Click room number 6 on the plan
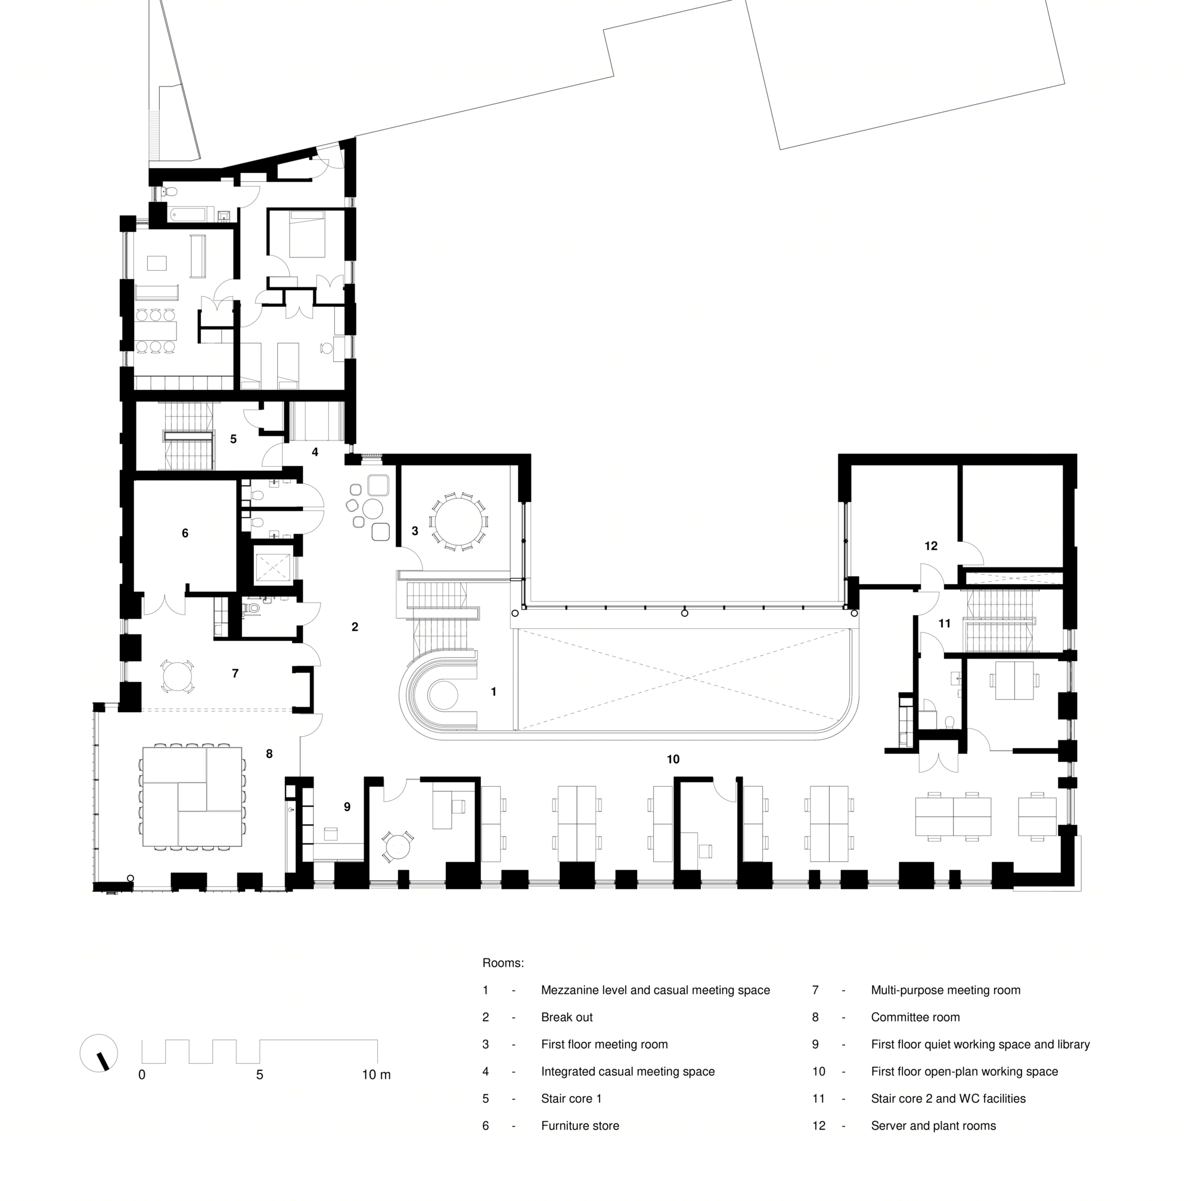click(x=185, y=533)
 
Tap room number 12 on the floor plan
click(x=931, y=547)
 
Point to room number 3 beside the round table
click(x=415, y=532)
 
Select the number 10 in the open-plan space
click(x=673, y=759)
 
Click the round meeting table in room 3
click(x=459, y=521)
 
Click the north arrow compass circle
click(x=99, y=1053)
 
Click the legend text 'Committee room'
click(x=915, y=1017)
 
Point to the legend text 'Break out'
click(x=567, y=1017)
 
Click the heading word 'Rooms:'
click(x=503, y=964)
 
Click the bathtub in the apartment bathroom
click(x=187, y=214)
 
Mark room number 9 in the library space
click(x=347, y=807)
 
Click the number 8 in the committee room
click(x=269, y=754)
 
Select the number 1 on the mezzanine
click(x=493, y=692)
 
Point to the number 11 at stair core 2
click(x=945, y=623)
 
